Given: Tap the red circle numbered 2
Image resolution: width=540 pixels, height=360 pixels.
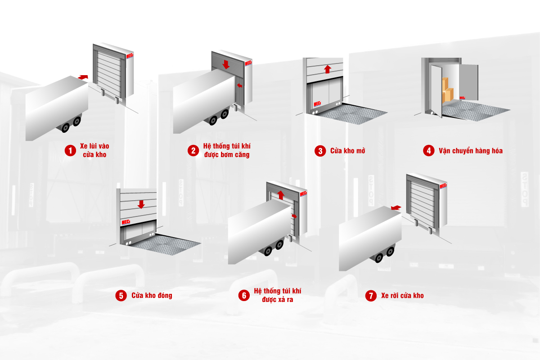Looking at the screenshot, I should pos(193,150).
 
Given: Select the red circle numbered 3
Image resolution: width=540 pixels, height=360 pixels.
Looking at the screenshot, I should pos(320,151).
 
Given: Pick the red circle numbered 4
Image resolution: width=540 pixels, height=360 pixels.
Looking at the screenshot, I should pos(428,151).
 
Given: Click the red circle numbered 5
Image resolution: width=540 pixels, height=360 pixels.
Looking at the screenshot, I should pos(121,296).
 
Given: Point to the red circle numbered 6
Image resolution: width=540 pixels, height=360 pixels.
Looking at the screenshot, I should pos(243,295).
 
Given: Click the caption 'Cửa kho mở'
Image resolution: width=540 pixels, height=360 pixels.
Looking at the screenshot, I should pos(347,151).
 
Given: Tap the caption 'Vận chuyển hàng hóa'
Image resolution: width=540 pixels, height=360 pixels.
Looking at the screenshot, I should pos(470,151).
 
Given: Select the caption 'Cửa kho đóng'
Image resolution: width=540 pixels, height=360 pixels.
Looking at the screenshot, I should pos(152,296).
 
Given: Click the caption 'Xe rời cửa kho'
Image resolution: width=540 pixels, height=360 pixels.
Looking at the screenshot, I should pos(402,296).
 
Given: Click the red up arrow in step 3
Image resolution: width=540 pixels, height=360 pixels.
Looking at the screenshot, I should pos(327,69).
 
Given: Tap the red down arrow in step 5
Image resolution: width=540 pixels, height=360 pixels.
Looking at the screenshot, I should pos(141,204).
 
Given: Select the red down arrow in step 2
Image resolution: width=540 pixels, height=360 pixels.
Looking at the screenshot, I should pos(226,64).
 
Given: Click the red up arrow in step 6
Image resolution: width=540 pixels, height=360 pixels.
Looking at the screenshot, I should pos(281,194).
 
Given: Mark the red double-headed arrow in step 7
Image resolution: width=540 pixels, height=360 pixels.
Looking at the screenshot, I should pos(396,207).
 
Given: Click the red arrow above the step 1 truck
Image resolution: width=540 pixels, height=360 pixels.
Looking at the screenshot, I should pos(83,77).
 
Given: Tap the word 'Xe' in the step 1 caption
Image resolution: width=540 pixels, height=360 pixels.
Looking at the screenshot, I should pos(84,146).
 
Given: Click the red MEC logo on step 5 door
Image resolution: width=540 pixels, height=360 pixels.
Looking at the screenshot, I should pos(126,222).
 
